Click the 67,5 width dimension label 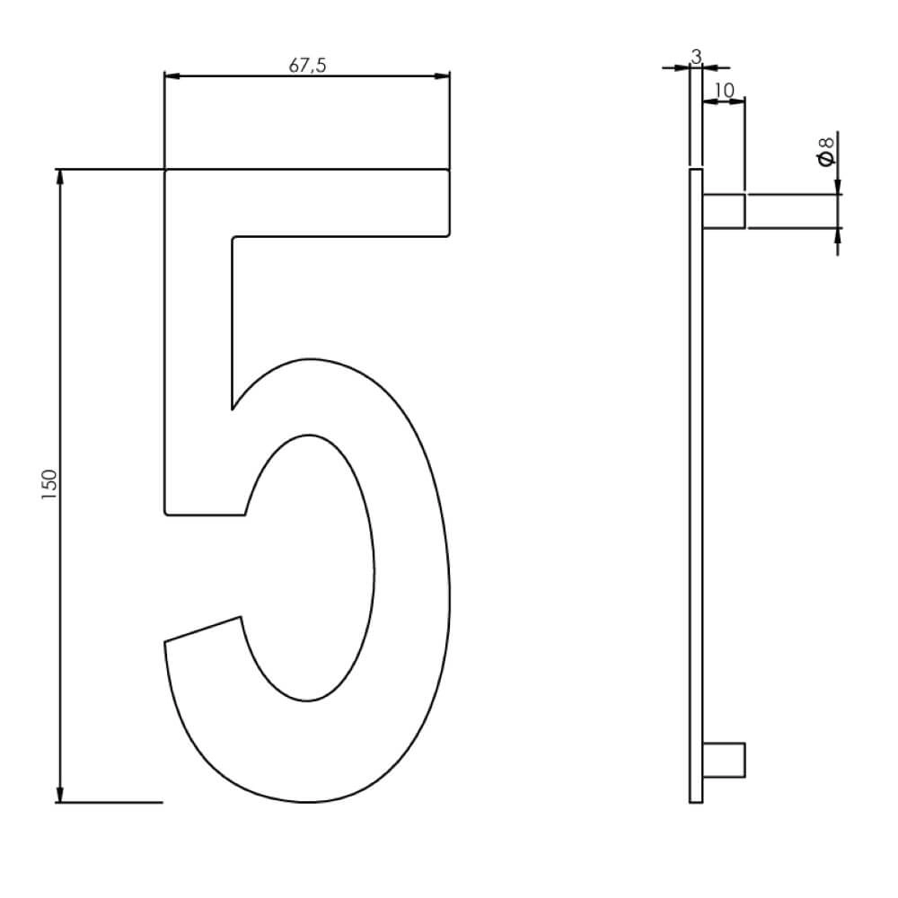pos(307,65)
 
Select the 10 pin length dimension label pos(724,90)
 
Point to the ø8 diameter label pos(826,150)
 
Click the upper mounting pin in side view pos(723,210)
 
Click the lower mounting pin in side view pos(723,759)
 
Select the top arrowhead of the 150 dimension pos(60,177)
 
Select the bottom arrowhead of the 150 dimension pos(60,794)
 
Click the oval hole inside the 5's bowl pos(310,568)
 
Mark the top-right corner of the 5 pos(448,171)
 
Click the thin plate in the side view pos(696,485)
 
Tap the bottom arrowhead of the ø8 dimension pos(838,234)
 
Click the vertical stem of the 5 pos(198,359)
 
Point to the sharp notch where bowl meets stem pos(233,409)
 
